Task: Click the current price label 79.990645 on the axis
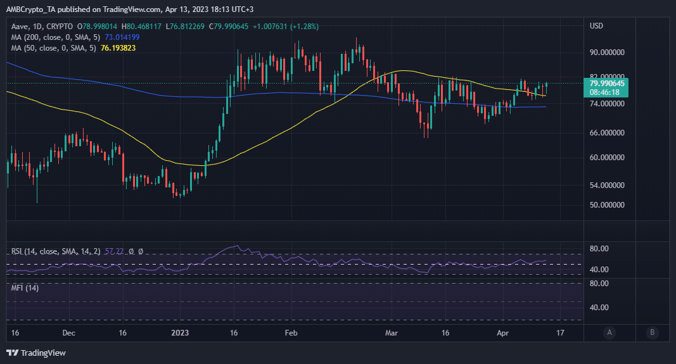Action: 607,83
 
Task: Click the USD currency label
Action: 596,26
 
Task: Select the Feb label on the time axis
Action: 291,332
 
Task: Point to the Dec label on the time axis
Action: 69,332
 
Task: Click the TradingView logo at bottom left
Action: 36,353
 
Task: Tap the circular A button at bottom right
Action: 609,332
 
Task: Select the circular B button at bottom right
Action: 653,332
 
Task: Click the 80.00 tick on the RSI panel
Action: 599,249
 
